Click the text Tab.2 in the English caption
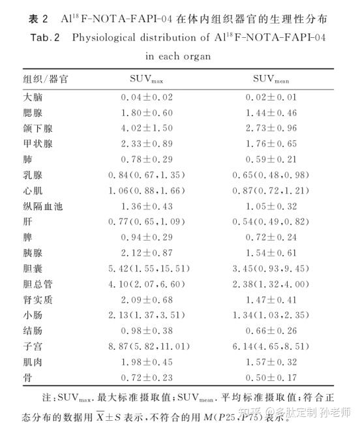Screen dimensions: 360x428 46,38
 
